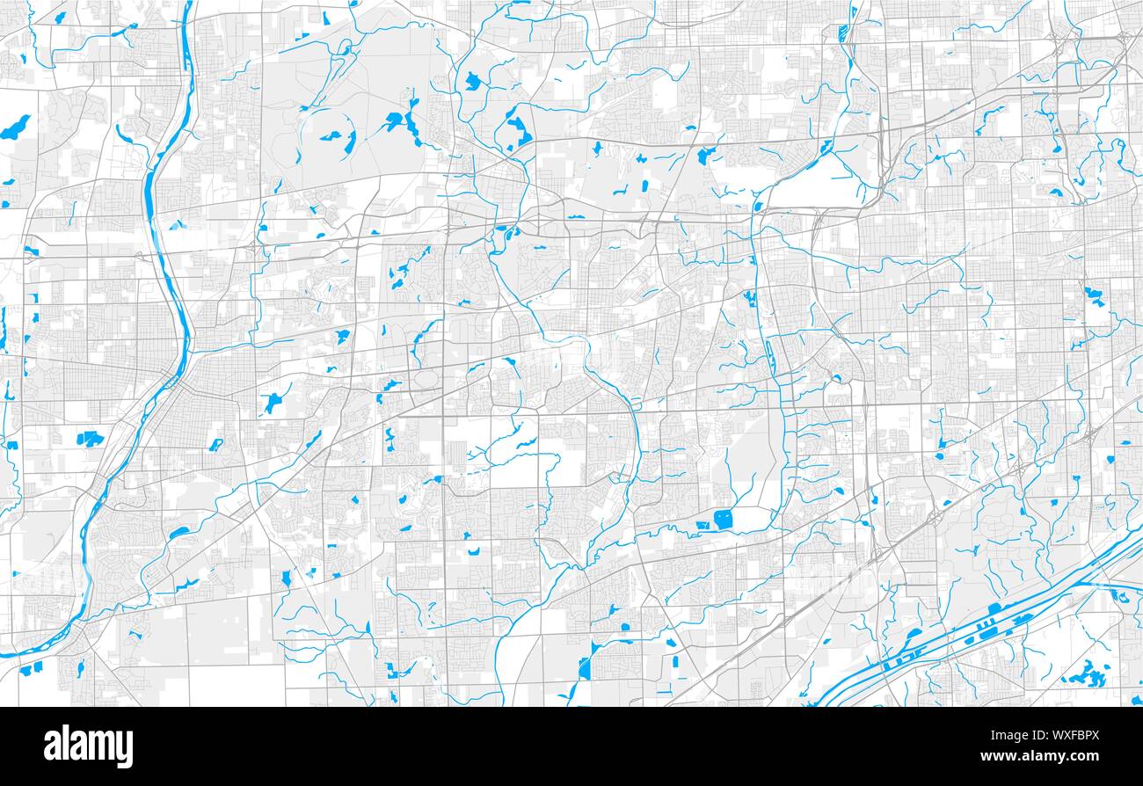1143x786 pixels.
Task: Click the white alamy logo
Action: [x=89, y=746]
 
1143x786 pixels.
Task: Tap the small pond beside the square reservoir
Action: [x=704, y=526]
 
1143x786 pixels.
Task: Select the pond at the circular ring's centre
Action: [x=331, y=136]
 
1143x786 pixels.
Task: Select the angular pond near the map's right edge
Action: [x=1094, y=294]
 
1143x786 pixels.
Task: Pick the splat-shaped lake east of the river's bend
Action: [x=274, y=401]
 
